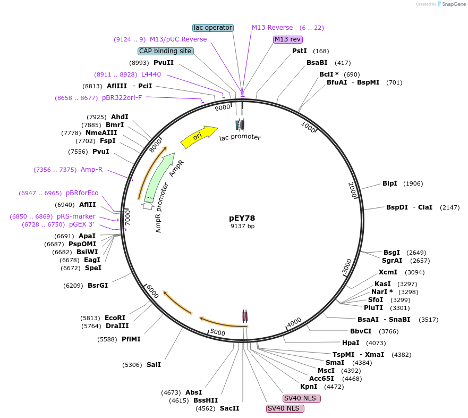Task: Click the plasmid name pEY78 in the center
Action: [242, 218]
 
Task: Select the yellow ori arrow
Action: [199, 137]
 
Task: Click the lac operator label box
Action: [212, 27]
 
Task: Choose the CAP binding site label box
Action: [165, 51]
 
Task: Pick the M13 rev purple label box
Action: [288, 39]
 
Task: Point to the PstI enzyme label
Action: [300, 51]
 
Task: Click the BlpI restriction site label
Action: [390, 183]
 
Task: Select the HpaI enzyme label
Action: [351, 343]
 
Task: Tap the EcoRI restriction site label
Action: [115, 318]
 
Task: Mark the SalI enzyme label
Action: [154, 365]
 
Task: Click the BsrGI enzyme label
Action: [98, 286]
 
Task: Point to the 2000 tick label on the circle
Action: [352, 190]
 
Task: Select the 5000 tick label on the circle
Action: [218, 333]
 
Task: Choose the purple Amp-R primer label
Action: [91, 170]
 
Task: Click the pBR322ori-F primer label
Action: [122, 98]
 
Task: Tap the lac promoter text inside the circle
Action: [240, 137]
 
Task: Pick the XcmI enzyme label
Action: [388, 272]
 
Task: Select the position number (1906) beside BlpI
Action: [413, 183]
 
